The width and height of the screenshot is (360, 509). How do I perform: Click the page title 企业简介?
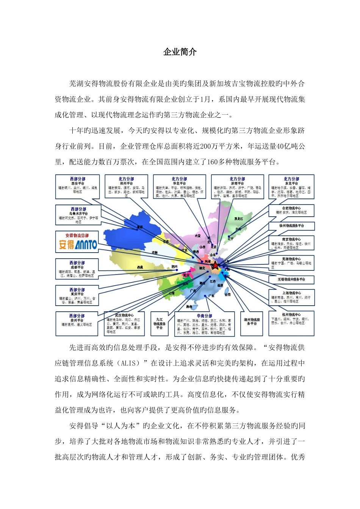tap(180, 52)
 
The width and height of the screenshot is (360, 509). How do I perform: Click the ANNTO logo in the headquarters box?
tap(78, 244)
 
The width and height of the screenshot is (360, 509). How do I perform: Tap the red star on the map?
tap(215, 266)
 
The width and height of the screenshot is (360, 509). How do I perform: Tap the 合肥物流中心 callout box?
tap(291, 211)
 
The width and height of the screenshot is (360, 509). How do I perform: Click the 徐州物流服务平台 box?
tap(291, 226)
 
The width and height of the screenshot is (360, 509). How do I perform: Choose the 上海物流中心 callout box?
tap(291, 297)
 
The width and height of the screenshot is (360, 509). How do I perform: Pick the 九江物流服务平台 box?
tap(160, 323)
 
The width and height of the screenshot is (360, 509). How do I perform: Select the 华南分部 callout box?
tap(204, 323)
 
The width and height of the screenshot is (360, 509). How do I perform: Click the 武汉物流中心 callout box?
tap(124, 323)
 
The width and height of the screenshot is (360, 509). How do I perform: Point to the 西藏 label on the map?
tap(141, 267)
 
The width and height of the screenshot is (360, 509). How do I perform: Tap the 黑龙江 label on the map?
tap(238, 219)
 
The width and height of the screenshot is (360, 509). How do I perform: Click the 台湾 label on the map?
tap(228, 294)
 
